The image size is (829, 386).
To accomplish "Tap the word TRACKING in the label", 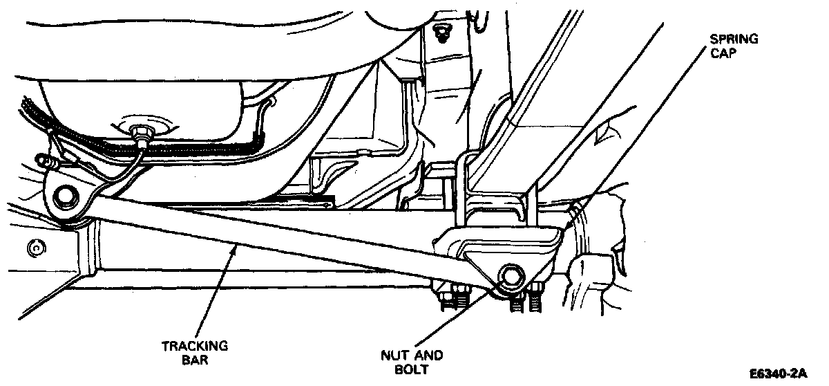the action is [x=194, y=346].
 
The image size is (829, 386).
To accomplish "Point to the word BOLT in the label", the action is [x=412, y=369].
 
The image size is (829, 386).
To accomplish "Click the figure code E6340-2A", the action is [x=777, y=374].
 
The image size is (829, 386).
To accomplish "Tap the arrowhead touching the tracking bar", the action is [x=236, y=247].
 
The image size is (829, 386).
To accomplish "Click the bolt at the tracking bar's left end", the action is [x=67, y=196].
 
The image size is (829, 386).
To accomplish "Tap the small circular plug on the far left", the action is [x=32, y=247].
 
